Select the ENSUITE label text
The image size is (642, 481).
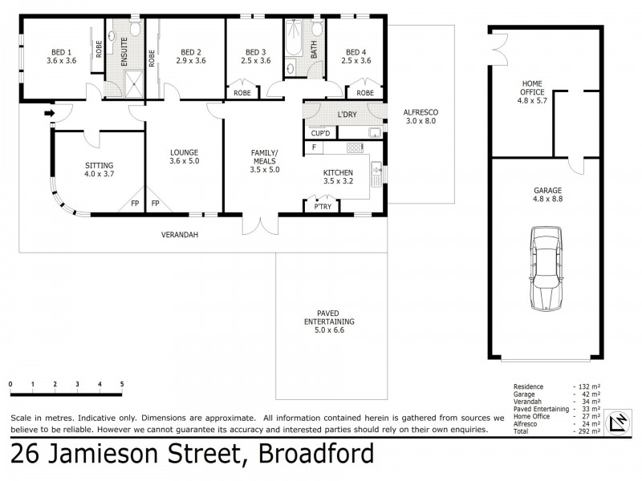click(x=124, y=51)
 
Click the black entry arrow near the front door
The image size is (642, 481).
click(x=49, y=114)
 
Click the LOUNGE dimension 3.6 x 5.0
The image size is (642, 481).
click(x=184, y=161)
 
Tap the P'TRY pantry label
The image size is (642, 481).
click(x=321, y=207)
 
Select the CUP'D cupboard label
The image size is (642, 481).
click(x=322, y=132)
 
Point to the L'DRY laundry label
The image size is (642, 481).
click(x=347, y=115)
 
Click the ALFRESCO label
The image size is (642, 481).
click(x=421, y=112)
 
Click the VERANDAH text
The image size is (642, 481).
click(x=180, y=235)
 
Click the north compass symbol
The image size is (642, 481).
click(x=619, y=422)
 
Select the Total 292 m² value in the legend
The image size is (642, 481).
click(x=587, y=430)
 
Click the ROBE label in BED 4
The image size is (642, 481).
click(x=365, y=93)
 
